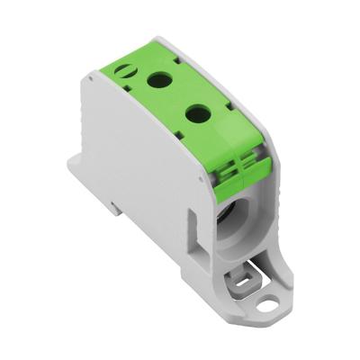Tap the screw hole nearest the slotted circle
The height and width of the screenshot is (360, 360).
coord(160,80)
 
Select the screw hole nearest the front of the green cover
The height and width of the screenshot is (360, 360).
coord(196,113)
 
